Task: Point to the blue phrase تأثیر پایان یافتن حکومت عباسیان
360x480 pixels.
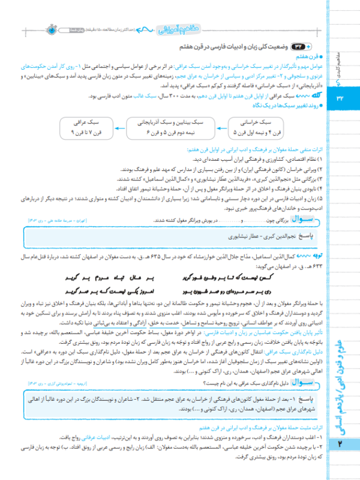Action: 258,322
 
